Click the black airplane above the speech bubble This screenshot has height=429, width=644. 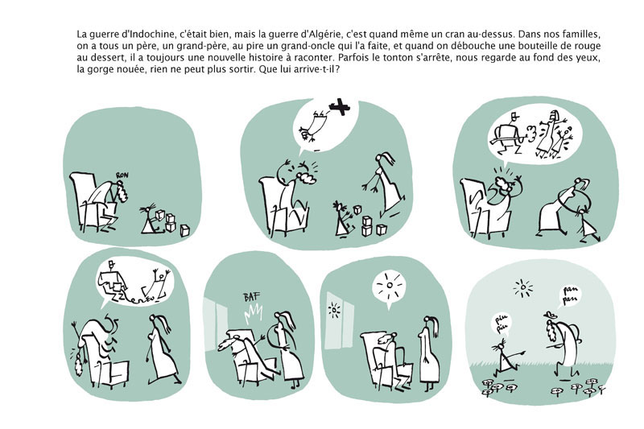pos(339,107)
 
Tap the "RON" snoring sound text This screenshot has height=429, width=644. pos(122,175)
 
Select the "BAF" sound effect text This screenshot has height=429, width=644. pos(251,297)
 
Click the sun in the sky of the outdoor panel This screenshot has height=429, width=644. pos(522,289)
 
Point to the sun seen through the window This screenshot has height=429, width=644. pos(334,310)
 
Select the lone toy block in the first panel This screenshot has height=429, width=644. pos(185,230)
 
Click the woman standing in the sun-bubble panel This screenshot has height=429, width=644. pos(430,353)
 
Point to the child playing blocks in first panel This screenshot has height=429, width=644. pos(151,221)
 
